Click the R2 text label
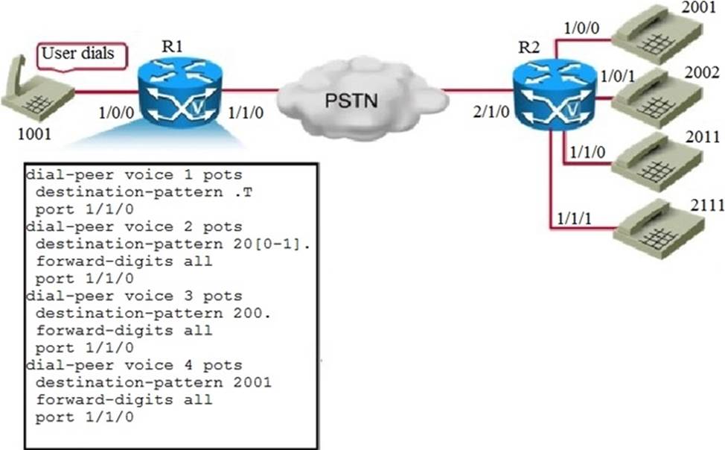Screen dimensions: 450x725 [528, 50]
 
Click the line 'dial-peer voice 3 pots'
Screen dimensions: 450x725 [134, 296]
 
